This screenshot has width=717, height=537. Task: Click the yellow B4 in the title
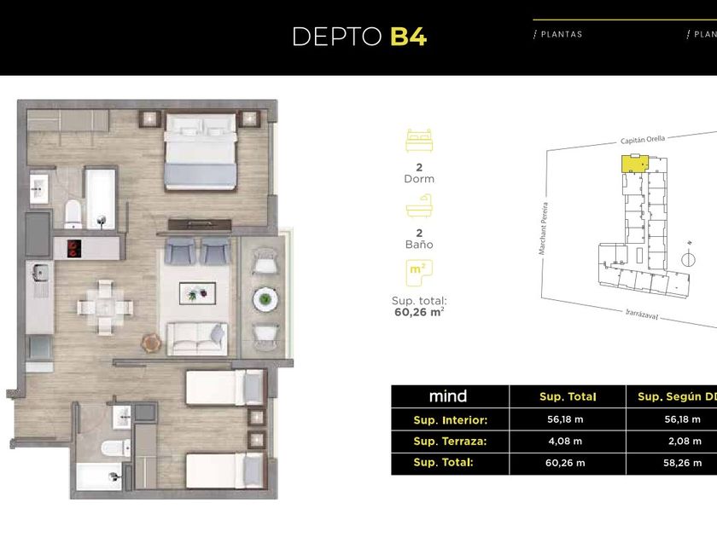(408, 37)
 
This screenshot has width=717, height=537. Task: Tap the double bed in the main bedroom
(201, 152)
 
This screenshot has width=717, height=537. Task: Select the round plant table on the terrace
(265, 299)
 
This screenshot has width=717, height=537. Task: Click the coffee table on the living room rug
(197, 293)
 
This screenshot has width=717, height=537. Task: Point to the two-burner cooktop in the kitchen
(74, 248)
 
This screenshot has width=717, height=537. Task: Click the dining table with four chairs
(105, 307)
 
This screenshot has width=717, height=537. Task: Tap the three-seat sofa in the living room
(197, 339)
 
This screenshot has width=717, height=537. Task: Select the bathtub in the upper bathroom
(101, 198)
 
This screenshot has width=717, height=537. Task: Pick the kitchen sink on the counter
(40, 273)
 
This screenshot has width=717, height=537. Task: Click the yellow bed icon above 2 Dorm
(419, 141)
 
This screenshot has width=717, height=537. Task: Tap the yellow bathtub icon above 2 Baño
(419, 206)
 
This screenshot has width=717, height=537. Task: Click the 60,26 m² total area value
(419, 312)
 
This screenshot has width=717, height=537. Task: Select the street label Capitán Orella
(643, 140)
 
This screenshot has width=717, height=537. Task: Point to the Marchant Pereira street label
(543, 228)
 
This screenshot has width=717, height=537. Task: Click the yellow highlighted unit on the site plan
(635, 164)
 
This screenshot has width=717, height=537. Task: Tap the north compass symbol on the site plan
(688, 258)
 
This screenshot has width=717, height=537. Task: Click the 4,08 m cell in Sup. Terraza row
(565, 442)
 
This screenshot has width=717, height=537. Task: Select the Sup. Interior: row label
(451, 420)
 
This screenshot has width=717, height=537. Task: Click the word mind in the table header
(448, 396)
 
